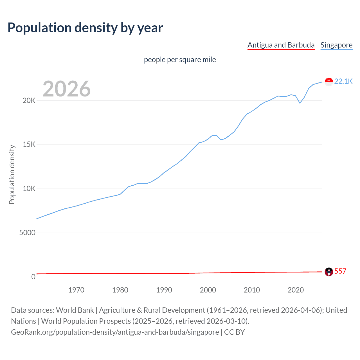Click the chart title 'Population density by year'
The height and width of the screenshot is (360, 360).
click(x=85, y=28)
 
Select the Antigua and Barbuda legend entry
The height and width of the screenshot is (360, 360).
click(x=281, y=45)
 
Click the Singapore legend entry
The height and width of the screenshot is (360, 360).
click(x=336, y=45)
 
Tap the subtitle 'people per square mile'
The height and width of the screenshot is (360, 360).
click(x=180, y=60)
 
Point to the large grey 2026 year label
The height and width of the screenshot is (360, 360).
click(x=67, y=89)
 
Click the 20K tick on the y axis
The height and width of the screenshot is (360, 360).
click(x=29, y=100)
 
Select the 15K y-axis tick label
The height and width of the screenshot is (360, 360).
click(x=29, y=145)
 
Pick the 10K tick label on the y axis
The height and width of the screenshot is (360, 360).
click(x=29, y=189)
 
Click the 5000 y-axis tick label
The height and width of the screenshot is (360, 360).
click(x=27, y=233)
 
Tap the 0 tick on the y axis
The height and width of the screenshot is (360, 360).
click(x=33, y=277)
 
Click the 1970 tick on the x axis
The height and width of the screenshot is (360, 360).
click(x=76, y=290)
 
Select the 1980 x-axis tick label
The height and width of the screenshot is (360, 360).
click(x=120, y=290)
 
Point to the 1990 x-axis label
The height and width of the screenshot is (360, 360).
click(x=164, y=290)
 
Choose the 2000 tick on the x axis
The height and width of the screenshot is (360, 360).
click(x=208, y=290)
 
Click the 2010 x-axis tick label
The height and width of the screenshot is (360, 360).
click(x=252, y=290)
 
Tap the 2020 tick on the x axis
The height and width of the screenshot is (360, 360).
click(x=296, y=290)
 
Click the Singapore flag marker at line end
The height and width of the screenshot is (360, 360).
click(x=329, y=82)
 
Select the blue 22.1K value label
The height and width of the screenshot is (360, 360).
click(x=343, y=81)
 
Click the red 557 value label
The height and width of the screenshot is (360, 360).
click(x=340, y=271)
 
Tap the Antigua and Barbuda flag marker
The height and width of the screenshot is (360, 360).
click(x=329, y=272)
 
